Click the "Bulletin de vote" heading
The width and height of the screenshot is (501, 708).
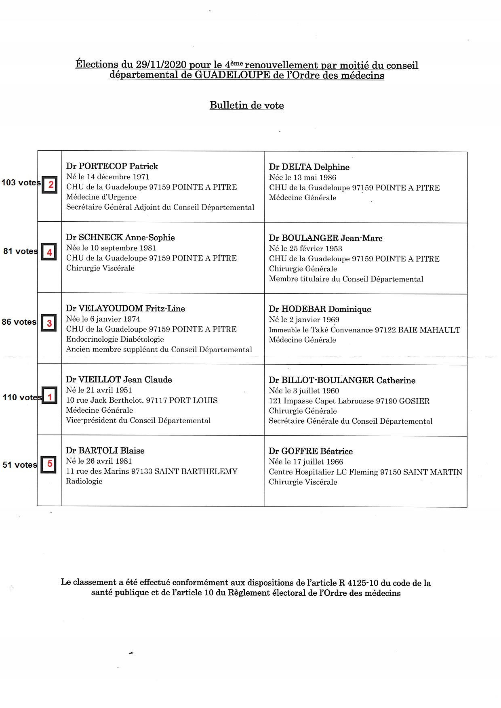coord(246,105)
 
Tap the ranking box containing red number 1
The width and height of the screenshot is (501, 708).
coord(49,397)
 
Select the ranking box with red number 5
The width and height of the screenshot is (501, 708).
coord(49,464)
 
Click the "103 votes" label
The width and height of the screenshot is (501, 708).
coord(21,183)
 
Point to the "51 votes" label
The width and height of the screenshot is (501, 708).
coord(20,465)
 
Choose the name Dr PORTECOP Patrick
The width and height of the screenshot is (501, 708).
coord(112,166)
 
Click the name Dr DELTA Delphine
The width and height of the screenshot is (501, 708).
coord(309,167)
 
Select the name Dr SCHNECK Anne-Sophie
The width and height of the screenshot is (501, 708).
coord(120,237)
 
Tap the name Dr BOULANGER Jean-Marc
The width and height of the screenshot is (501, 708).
coord(326,238)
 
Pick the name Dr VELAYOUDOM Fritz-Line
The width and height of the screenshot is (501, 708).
coord(125,309)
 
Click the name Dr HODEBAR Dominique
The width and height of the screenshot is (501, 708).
coord(320,309)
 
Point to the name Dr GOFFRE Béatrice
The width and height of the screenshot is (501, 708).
coord(310,452)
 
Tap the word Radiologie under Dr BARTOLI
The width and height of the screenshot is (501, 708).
coord(84,481)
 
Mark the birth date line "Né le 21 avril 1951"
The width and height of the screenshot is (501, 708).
coord(99,390)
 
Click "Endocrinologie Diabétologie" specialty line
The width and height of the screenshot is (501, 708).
coord(115,339)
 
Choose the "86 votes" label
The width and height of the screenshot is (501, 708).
coord(19,322)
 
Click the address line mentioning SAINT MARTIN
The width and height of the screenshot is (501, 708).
coord(365,472)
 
